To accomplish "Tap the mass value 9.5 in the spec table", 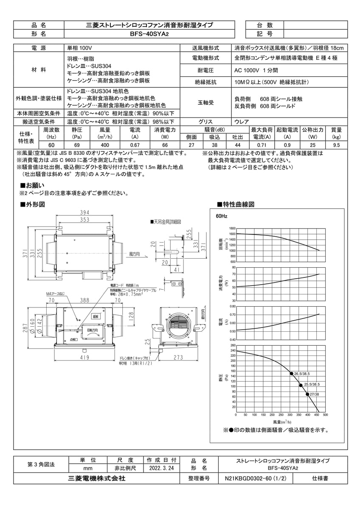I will [336, 145].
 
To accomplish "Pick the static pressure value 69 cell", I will [77, 145].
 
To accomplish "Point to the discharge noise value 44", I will [238, 145].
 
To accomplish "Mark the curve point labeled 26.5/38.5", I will [292, 373].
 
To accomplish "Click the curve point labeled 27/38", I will [307, 394].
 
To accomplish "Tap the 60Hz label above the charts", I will [222, 216].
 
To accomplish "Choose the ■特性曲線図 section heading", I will [236, 204].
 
